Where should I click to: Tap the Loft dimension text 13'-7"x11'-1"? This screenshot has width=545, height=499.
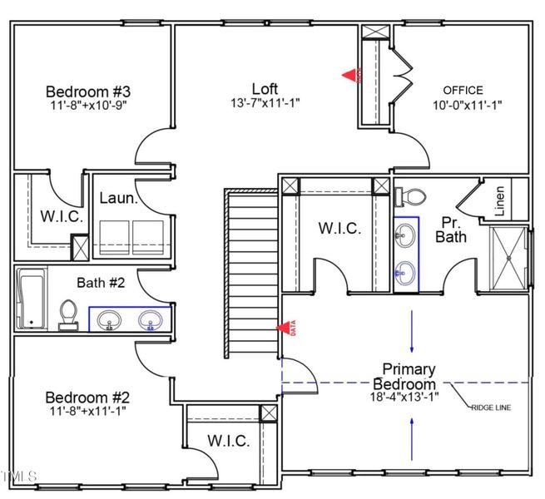coord(265,104)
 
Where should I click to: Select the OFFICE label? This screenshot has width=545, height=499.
coord(463,90)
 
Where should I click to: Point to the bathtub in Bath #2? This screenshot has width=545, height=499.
coord(31,298)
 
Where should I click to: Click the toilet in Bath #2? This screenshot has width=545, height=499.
coord(68,314)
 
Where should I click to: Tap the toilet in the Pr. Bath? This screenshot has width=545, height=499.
coord(413,196)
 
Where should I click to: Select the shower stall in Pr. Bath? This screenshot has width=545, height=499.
coord(508,258)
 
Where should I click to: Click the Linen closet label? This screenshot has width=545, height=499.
coord(499,202)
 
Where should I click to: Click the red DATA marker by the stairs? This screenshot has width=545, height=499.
coord(288,329)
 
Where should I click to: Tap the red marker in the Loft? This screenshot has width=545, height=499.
coord(351,75)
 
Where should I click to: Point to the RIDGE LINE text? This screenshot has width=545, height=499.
coord(491,408)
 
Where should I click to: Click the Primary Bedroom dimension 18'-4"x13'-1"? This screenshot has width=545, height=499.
coord(409,397)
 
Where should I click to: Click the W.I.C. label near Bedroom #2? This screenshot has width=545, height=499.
coord(227,441)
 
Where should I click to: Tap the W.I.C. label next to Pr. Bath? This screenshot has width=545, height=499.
coord(340,229)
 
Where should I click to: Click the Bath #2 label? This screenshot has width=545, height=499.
coord(101,283)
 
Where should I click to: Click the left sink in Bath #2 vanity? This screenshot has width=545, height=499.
coord(108,319)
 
